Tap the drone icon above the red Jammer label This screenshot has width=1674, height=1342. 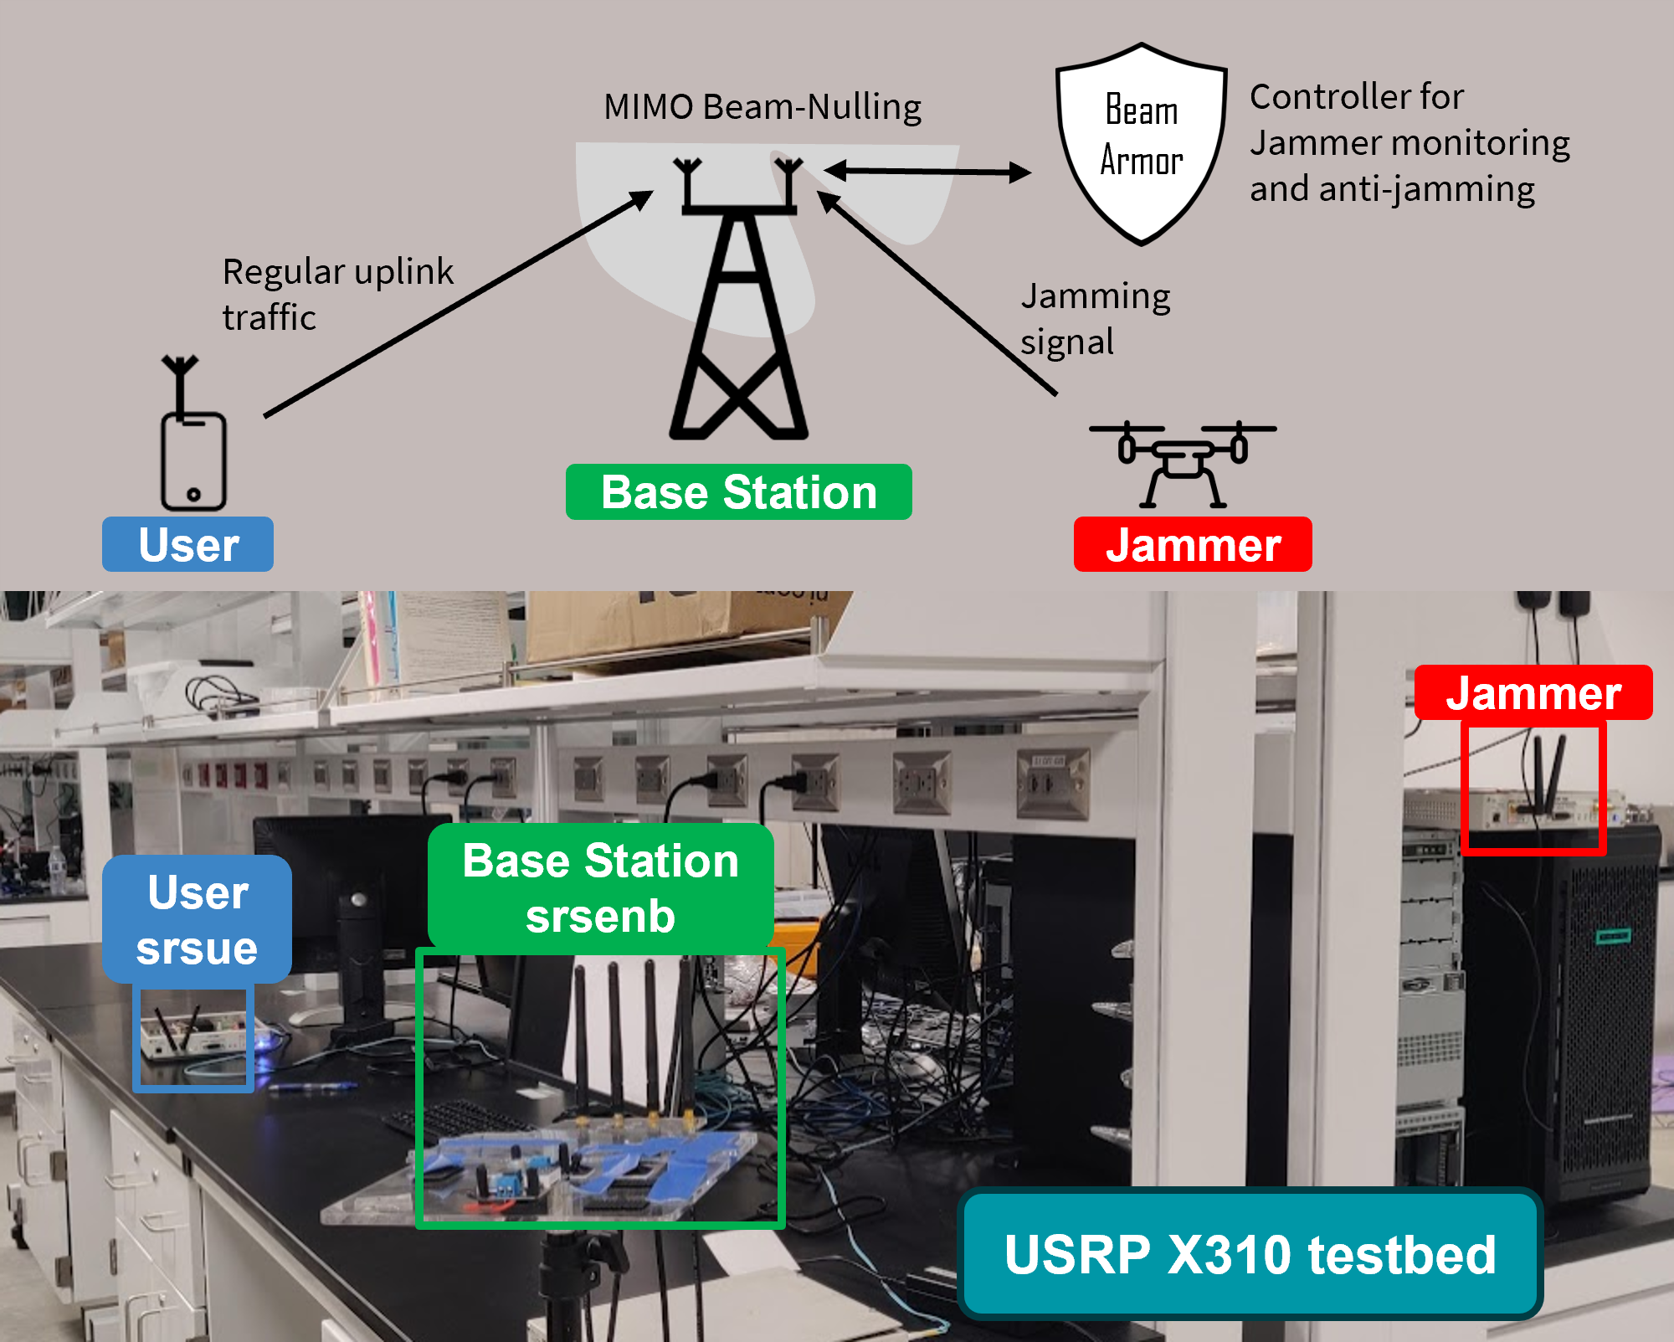click(x=1182, y=462)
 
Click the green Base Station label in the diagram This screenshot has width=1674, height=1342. click(x=738, y=492)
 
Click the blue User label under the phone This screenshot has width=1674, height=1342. click(x=187, y=545)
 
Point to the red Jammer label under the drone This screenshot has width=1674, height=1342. click(x=1192, y=545)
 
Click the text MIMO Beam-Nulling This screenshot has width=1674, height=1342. click(x=762, y=107)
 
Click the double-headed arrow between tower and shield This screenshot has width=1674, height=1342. click(x=927, y=172)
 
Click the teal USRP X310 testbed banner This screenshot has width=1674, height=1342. click(x=1250, y=1254)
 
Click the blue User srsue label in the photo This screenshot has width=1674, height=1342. click(x=197, y=919)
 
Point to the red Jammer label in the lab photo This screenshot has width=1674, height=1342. click(x=1533, y=693)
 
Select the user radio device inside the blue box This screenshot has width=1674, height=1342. click(x=193, y=1036)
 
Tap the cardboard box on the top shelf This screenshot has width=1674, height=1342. click(x=670, y=624)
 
